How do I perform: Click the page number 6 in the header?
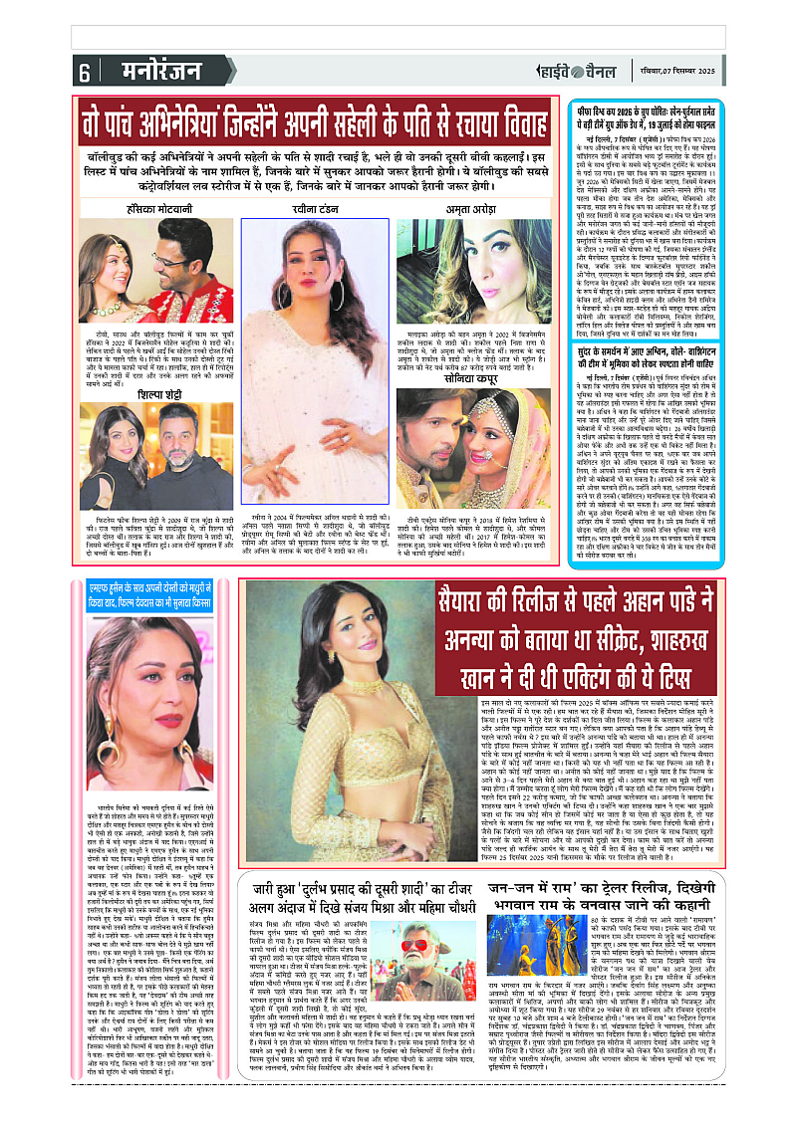pyautogui.click(x=84, y=73)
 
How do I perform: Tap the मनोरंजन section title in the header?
pyautogui.click(x=142, y=72)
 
